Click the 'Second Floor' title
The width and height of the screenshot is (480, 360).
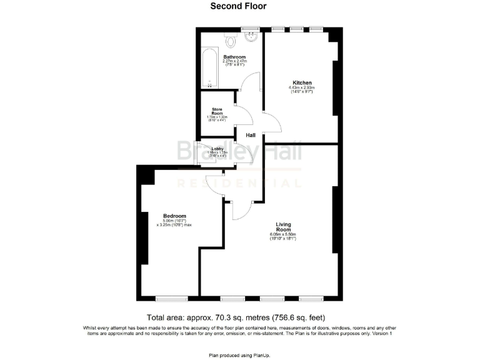click(x=238, y=6)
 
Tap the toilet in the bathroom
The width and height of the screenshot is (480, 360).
click(x=231, y=41)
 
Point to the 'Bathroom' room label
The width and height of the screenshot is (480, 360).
click(x=234, y=57)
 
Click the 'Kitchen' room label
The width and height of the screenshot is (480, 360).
click(x=302, y=82)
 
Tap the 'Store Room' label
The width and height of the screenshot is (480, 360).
click(x=217, y=111)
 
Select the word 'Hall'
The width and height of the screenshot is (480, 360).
click(x=250, y=135)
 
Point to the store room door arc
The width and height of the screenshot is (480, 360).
click(x=244, y=116)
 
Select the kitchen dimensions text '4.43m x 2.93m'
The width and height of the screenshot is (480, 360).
click(x=302, y=88)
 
